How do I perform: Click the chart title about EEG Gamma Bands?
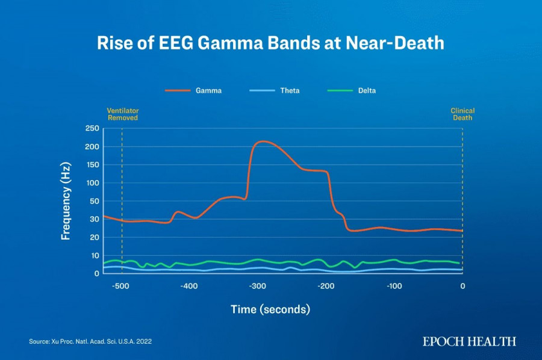(x=271, y=43)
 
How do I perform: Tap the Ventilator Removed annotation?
(x=122, y=114)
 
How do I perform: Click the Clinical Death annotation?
(x=463, y=114)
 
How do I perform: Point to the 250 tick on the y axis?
(x=92, y=129)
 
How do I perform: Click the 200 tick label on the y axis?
(x=92, y=147)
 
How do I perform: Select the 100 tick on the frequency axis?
(x=92, y=183)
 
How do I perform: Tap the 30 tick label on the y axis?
(x=95, y=219)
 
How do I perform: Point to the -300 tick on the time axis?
(x=258, y=286)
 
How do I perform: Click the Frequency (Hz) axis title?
(x=66, y=201)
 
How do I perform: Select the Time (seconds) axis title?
(x=270, y=309)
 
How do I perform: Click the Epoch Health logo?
(x=469, y=341)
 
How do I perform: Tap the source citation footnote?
(x=90, y=342)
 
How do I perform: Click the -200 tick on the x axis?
(x=326, y=286)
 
